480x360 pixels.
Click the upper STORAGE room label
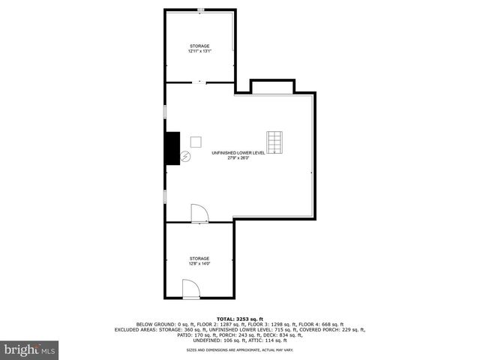pyautogui.click(x=199, y=46)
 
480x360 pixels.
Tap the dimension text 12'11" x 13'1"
pyautogui.click(x=199, y=52)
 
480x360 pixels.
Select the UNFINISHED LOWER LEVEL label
pyautogui.click(x=238, y=153)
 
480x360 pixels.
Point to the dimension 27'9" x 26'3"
pyautogui.click(x=238, y=158)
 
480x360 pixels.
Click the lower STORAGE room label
pyautogui.click(x=199, y=258)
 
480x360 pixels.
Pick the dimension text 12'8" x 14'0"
pyautogui.click(x=199, y=263)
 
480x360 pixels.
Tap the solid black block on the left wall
pyautogui.click(x=172, y=148)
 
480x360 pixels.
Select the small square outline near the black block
pyautogui.click(x=196, y=141)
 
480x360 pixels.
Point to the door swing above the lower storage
pyautogui.click(x=200, y=214)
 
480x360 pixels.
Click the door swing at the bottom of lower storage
pyautogui.click(x=190, y=288)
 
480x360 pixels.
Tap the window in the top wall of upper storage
pyautogui.click(x=200, y=10)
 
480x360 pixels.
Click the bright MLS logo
pyautogui.click(x=30, y=349)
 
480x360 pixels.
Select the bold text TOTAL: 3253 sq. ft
pyautogui.click(x=240, y=318)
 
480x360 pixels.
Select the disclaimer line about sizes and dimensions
pyautogui.click(x=240, y=349)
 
